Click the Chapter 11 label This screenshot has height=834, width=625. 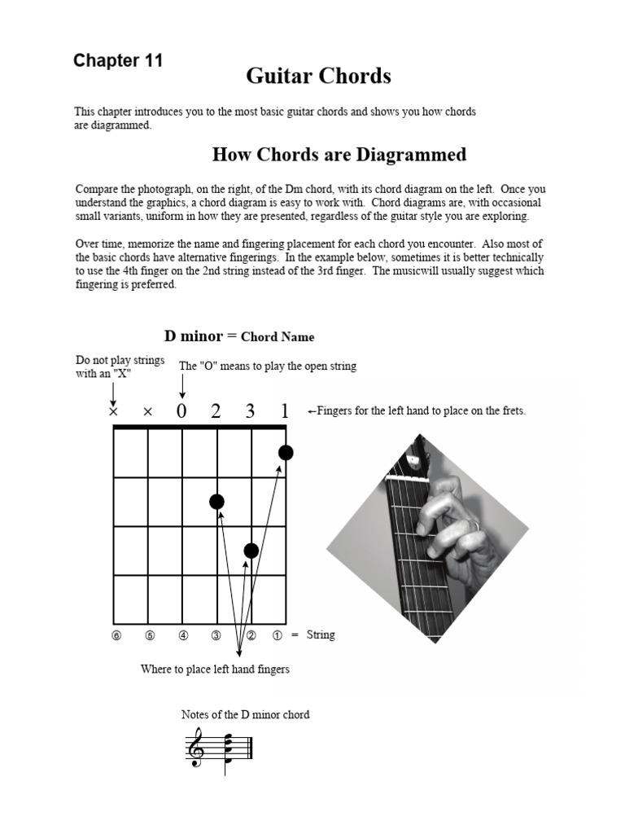pyautogui.click(x=118, y=61)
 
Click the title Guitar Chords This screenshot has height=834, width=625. pyautogui.click(x=318, y=77)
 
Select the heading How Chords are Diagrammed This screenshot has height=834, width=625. pyautogui.click(x=339, y=155)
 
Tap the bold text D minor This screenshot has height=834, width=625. pyautogui.click(x=194, y=336)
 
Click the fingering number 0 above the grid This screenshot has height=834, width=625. pyautogui.click(x=181, y=412)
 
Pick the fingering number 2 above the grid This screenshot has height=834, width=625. pyautogui.click(x=216, y=412)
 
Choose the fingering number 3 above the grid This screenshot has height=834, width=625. pyautogui.click(x=250, y=412)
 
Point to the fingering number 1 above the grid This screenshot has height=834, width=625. pyautogui.click(x=285, y=412)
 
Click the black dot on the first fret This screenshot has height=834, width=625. pyautogui.click(x=286, y=453)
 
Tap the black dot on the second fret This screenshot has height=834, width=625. pyautogui.click(x=216, y=502)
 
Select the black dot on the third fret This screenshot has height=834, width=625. pyautogui.click(x=251, y=551)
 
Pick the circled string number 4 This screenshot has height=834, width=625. pyautogui.click(x=182, y=635)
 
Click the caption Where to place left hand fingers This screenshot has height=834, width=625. pyautogui.click(x=215, y=669)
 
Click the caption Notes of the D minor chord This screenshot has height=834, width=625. pyautogui.click(x=245, y=715)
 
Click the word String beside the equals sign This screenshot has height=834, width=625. pyautogui.click(x=321, y=634)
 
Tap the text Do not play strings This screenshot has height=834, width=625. pyautogui.click(x=120, y=360)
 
